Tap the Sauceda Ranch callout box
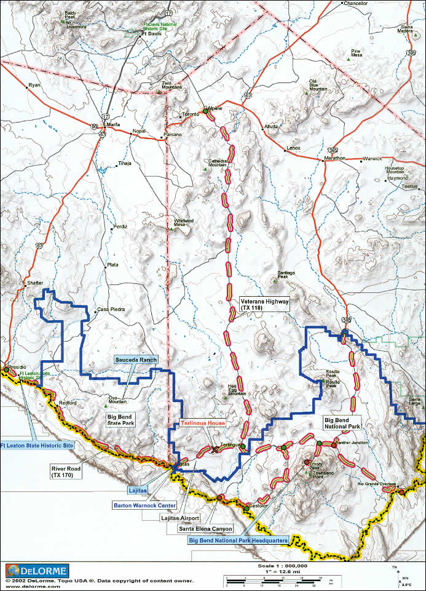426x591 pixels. [x=136, y=360]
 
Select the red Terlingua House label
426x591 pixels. [x=203, y=424]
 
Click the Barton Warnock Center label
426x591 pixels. [x=144, y=505]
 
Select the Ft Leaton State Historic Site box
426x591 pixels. [x=36, y=444]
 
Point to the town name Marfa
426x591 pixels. [x=112, y=124]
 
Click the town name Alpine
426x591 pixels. [x=215, y=108]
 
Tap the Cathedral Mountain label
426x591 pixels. [x=218, y=163]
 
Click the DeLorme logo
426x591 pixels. [x=37, y=570]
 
